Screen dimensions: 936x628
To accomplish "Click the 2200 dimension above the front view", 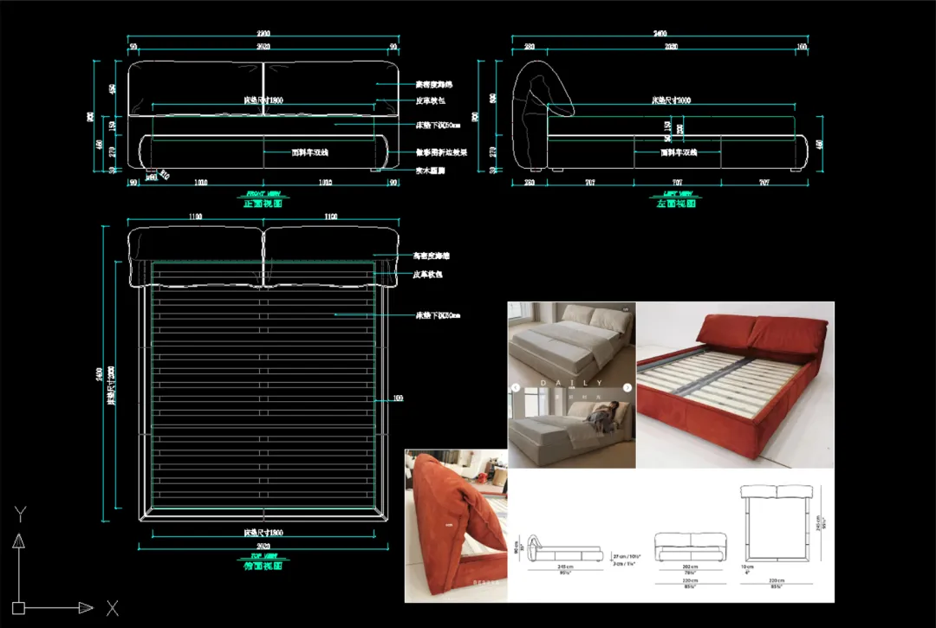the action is tap(263, 35).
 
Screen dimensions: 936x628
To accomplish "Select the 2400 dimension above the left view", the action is tap(666, 35).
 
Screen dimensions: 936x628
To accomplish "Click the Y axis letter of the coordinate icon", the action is tap(18, 515).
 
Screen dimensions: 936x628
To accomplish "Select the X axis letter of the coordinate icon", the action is tap(111, 607).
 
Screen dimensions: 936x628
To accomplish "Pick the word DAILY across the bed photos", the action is tap(572, 382).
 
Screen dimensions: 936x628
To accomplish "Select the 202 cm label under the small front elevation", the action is tap(666, 569).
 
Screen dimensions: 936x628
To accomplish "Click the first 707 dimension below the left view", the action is tap(589, 183).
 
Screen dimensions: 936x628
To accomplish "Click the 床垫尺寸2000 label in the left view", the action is tap(672, 101).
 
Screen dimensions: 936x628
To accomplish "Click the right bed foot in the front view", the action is tap(374, 170).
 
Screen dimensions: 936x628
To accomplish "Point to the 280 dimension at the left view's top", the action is tap(528, 46).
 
